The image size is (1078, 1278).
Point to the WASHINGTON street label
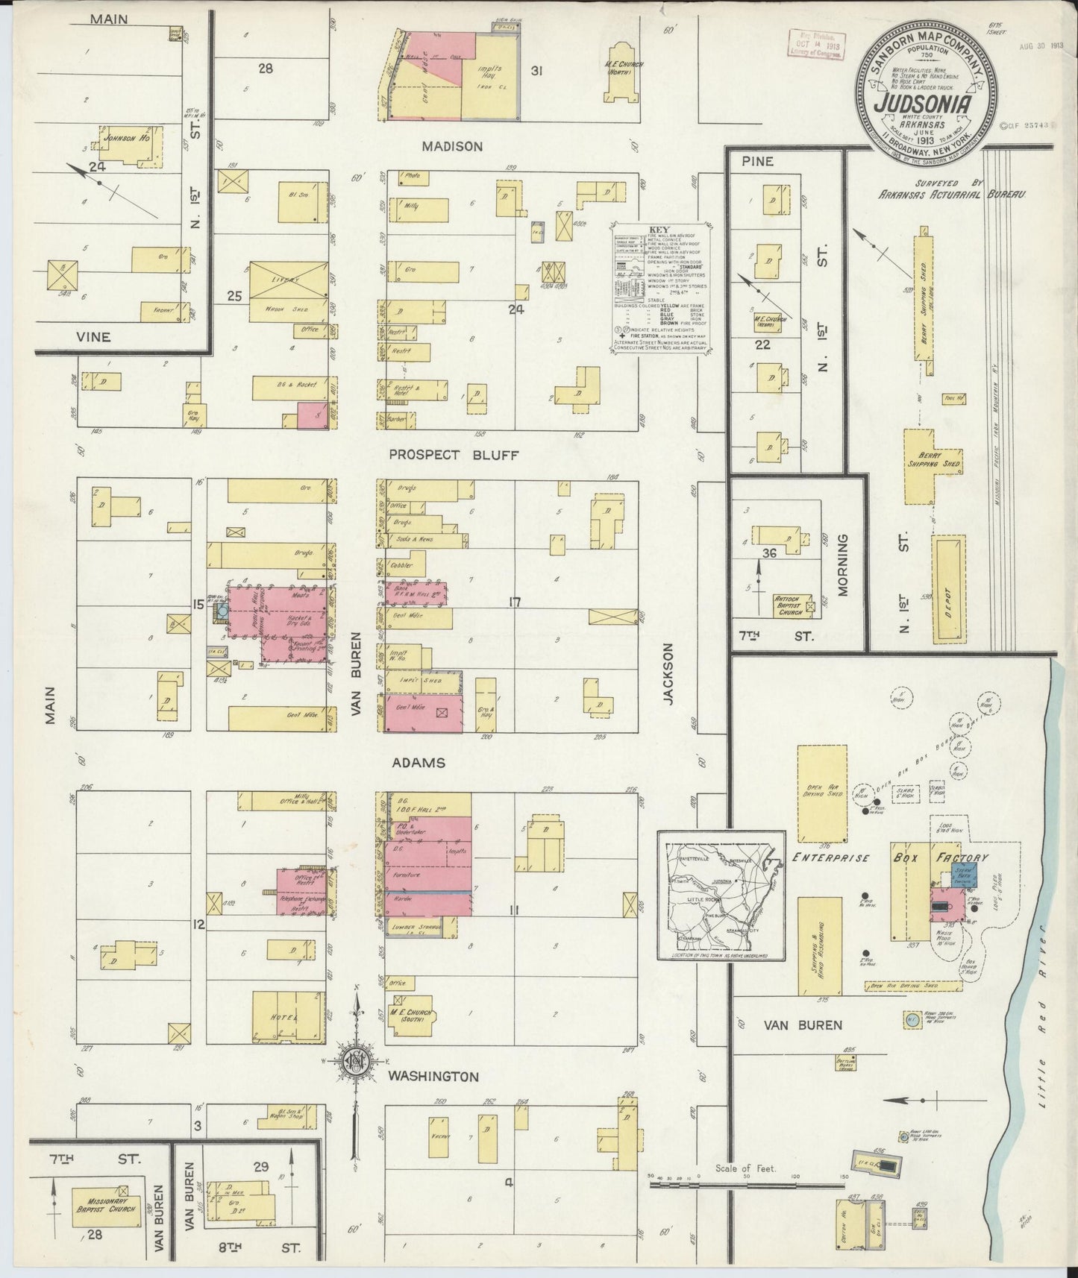click(432, 1077)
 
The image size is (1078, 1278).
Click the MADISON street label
click(451, 147)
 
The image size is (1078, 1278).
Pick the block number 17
click(514, 602)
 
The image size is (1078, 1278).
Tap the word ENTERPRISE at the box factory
click(833, 858)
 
